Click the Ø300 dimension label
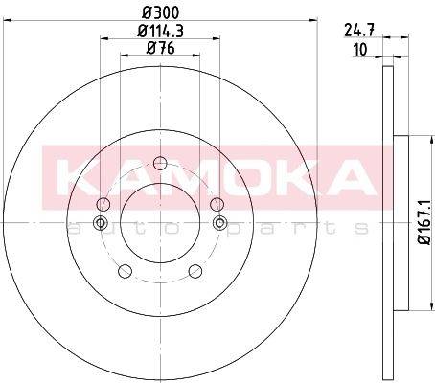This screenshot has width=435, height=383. (161, 13)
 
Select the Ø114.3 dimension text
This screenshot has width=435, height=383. (160, 32)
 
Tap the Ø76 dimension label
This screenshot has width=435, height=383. (160, 49)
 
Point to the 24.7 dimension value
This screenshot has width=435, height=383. (359, 31)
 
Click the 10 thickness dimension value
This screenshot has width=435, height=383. (360, 50)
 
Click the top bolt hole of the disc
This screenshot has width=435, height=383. (160, 164)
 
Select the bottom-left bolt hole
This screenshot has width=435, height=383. (125, 271)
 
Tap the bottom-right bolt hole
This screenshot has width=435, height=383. (195, 271)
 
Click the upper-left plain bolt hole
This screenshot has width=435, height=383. (103, 204)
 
